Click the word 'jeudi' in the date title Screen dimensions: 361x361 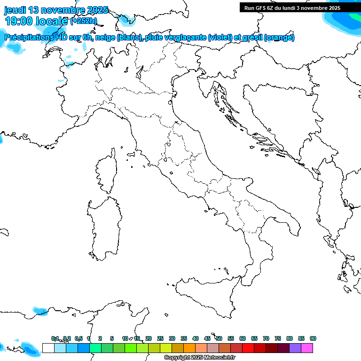16,10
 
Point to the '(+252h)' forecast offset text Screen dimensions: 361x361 83,20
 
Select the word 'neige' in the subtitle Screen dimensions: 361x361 104,38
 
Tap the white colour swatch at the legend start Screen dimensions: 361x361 48,348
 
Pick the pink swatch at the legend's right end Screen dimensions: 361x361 307,348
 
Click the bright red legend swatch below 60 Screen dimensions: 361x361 248,348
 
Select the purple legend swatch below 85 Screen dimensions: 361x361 295,348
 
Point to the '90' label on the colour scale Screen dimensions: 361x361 313,338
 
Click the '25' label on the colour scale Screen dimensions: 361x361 160,338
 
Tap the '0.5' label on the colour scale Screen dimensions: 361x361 78,338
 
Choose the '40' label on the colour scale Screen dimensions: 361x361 196,338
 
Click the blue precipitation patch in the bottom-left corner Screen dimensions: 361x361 29,349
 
